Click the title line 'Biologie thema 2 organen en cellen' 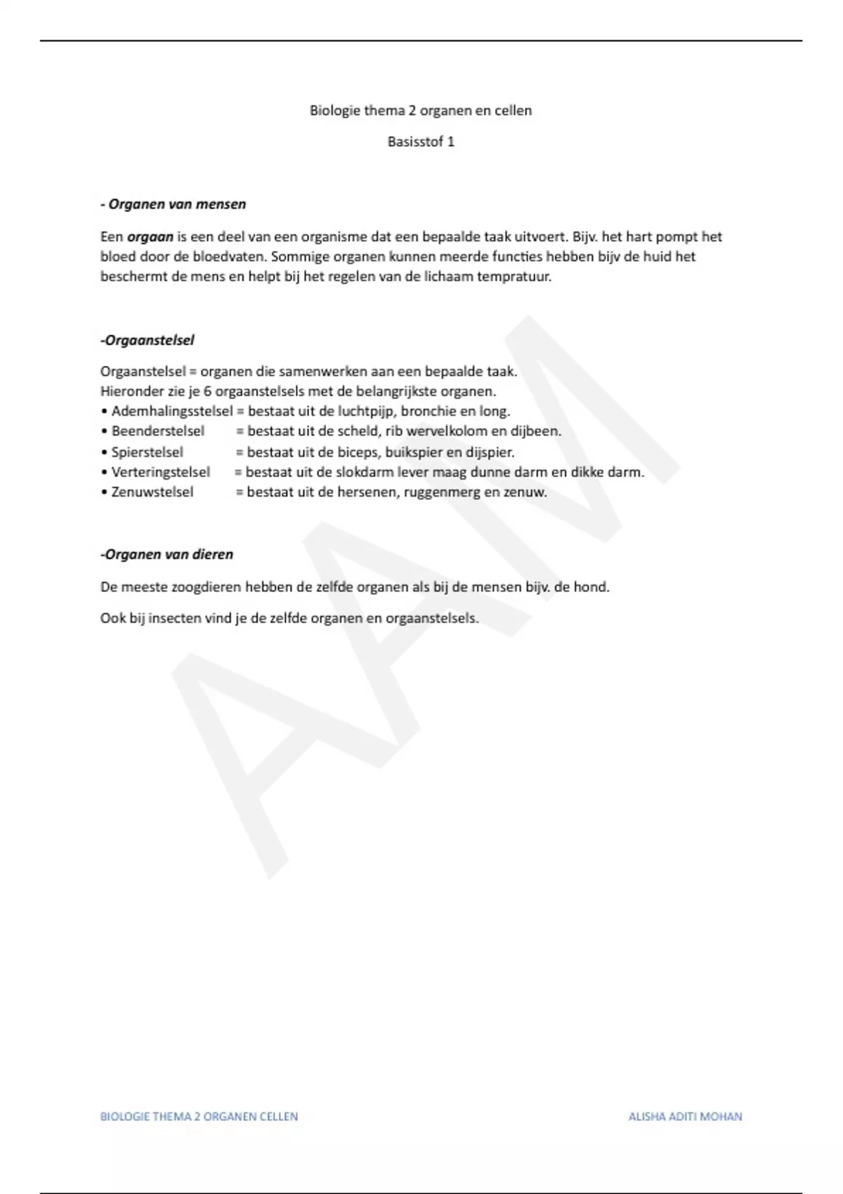pos(421,110)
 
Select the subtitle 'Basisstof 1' pos(421,142)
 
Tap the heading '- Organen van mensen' pos(174,204)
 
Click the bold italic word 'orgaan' pos(150,237)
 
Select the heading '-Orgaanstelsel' pos(148,340)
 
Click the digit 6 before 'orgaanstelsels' pos(208,391)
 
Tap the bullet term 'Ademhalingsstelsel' pos(171,411)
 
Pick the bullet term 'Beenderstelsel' pos(158,431)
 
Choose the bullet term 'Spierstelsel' pos(147,452)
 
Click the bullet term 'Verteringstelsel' pos(160,472)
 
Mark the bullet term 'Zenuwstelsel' pos(152,492)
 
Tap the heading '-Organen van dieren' pos(167,554)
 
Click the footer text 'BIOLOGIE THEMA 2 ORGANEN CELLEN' pos(199,1116)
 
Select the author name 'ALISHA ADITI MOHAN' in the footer pos(685,1116)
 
